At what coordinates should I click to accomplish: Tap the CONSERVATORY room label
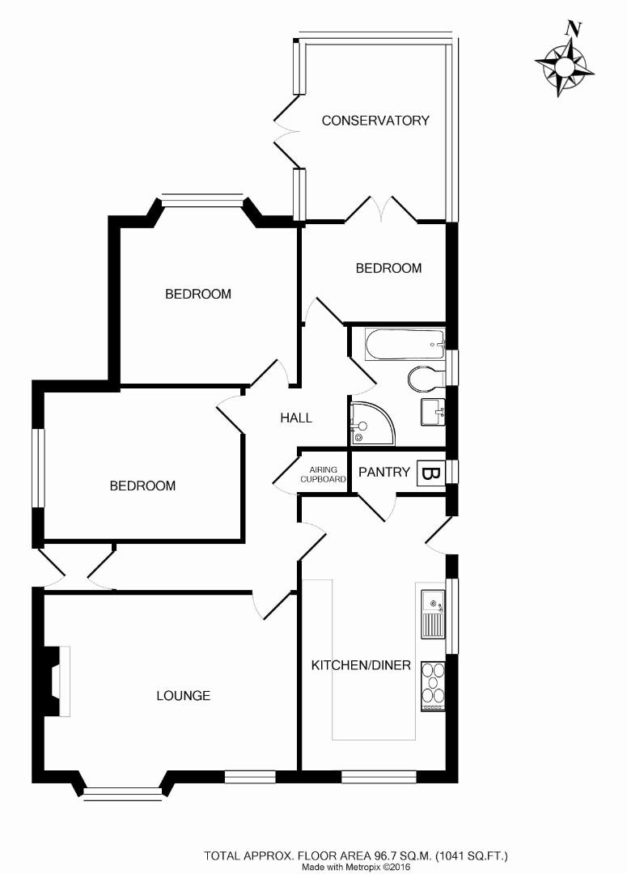(375, 121)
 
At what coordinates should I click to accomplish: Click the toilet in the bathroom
(425, 379)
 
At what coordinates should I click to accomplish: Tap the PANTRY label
(384, 472)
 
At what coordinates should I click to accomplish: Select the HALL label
(296, 418)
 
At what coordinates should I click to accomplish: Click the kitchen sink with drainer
(433, 613)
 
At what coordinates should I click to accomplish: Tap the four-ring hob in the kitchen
(433, 685)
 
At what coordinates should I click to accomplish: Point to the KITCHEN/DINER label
(362, 666)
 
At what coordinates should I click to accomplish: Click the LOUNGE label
(184, 695)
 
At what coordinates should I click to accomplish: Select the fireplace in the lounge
(57, 681)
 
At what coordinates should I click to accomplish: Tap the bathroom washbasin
(433, 411)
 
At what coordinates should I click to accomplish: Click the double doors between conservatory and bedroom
(381, 210)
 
